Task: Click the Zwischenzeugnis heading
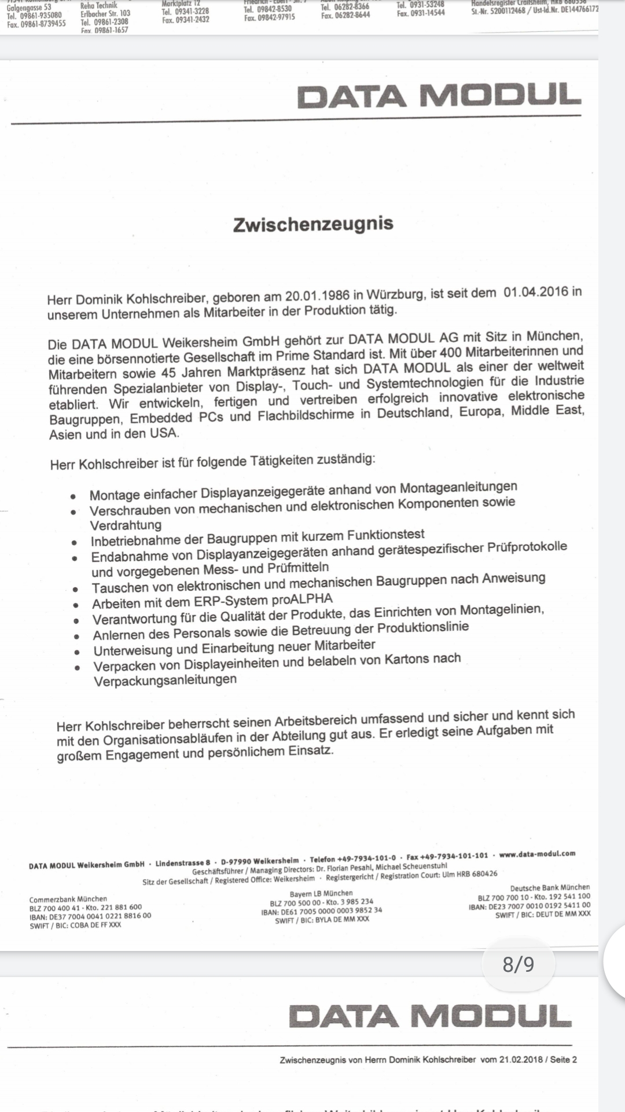point(313,224)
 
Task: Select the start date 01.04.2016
point(536,291)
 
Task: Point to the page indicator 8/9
point(519,964)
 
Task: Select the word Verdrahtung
point(126,525)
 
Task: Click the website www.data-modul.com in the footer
point(537,854)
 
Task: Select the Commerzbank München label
point(68,899)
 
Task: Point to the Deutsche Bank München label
point(550,887)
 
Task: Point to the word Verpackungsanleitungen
point(165,680)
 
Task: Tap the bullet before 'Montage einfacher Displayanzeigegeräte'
point(73,497)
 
